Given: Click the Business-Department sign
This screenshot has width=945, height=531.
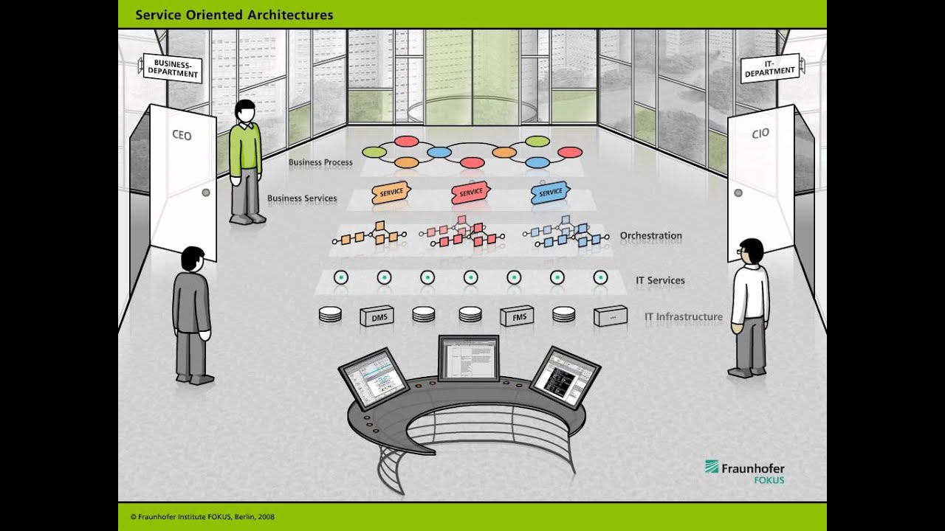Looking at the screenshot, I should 172,68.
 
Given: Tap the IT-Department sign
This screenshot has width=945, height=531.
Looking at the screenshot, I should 770,68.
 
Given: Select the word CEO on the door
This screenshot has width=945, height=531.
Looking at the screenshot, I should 182,135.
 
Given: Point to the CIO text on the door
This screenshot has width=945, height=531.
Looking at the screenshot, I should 760,133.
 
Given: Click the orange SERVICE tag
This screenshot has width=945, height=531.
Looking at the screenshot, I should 391,192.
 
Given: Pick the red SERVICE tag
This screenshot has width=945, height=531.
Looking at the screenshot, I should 470,192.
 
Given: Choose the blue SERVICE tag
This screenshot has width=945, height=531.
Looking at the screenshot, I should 550,192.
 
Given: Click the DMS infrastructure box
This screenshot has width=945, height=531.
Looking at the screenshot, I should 377,316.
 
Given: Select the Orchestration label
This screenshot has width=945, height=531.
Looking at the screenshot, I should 650,236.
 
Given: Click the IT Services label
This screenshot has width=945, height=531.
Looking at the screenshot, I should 660,280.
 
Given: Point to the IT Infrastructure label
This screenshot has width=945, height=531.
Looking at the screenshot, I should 683,317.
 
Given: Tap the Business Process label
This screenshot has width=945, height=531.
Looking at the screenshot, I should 320,162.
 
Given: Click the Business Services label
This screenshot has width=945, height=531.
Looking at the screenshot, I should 302,198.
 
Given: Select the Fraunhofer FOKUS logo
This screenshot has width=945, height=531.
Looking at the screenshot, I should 744,472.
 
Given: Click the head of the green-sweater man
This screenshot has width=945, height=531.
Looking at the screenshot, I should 244,111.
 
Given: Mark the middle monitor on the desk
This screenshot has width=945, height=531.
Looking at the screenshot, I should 469,357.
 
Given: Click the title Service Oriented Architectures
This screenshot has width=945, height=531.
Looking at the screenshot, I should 234,15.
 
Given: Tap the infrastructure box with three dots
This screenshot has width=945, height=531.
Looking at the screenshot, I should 611,316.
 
